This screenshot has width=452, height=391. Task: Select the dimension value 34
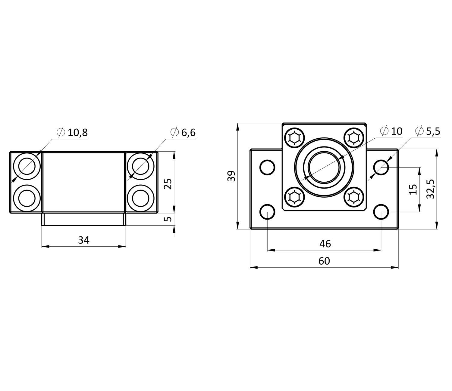pos(84,240)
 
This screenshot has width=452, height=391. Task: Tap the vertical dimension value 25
pos(168,184)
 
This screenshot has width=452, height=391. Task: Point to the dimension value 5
pos(168,219)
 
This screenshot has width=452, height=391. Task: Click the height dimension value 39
pos(231,176)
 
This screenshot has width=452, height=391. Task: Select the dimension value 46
pos(325,244)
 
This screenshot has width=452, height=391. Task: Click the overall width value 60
pos(324,261)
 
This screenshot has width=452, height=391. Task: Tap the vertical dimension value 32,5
pos(431,189)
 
